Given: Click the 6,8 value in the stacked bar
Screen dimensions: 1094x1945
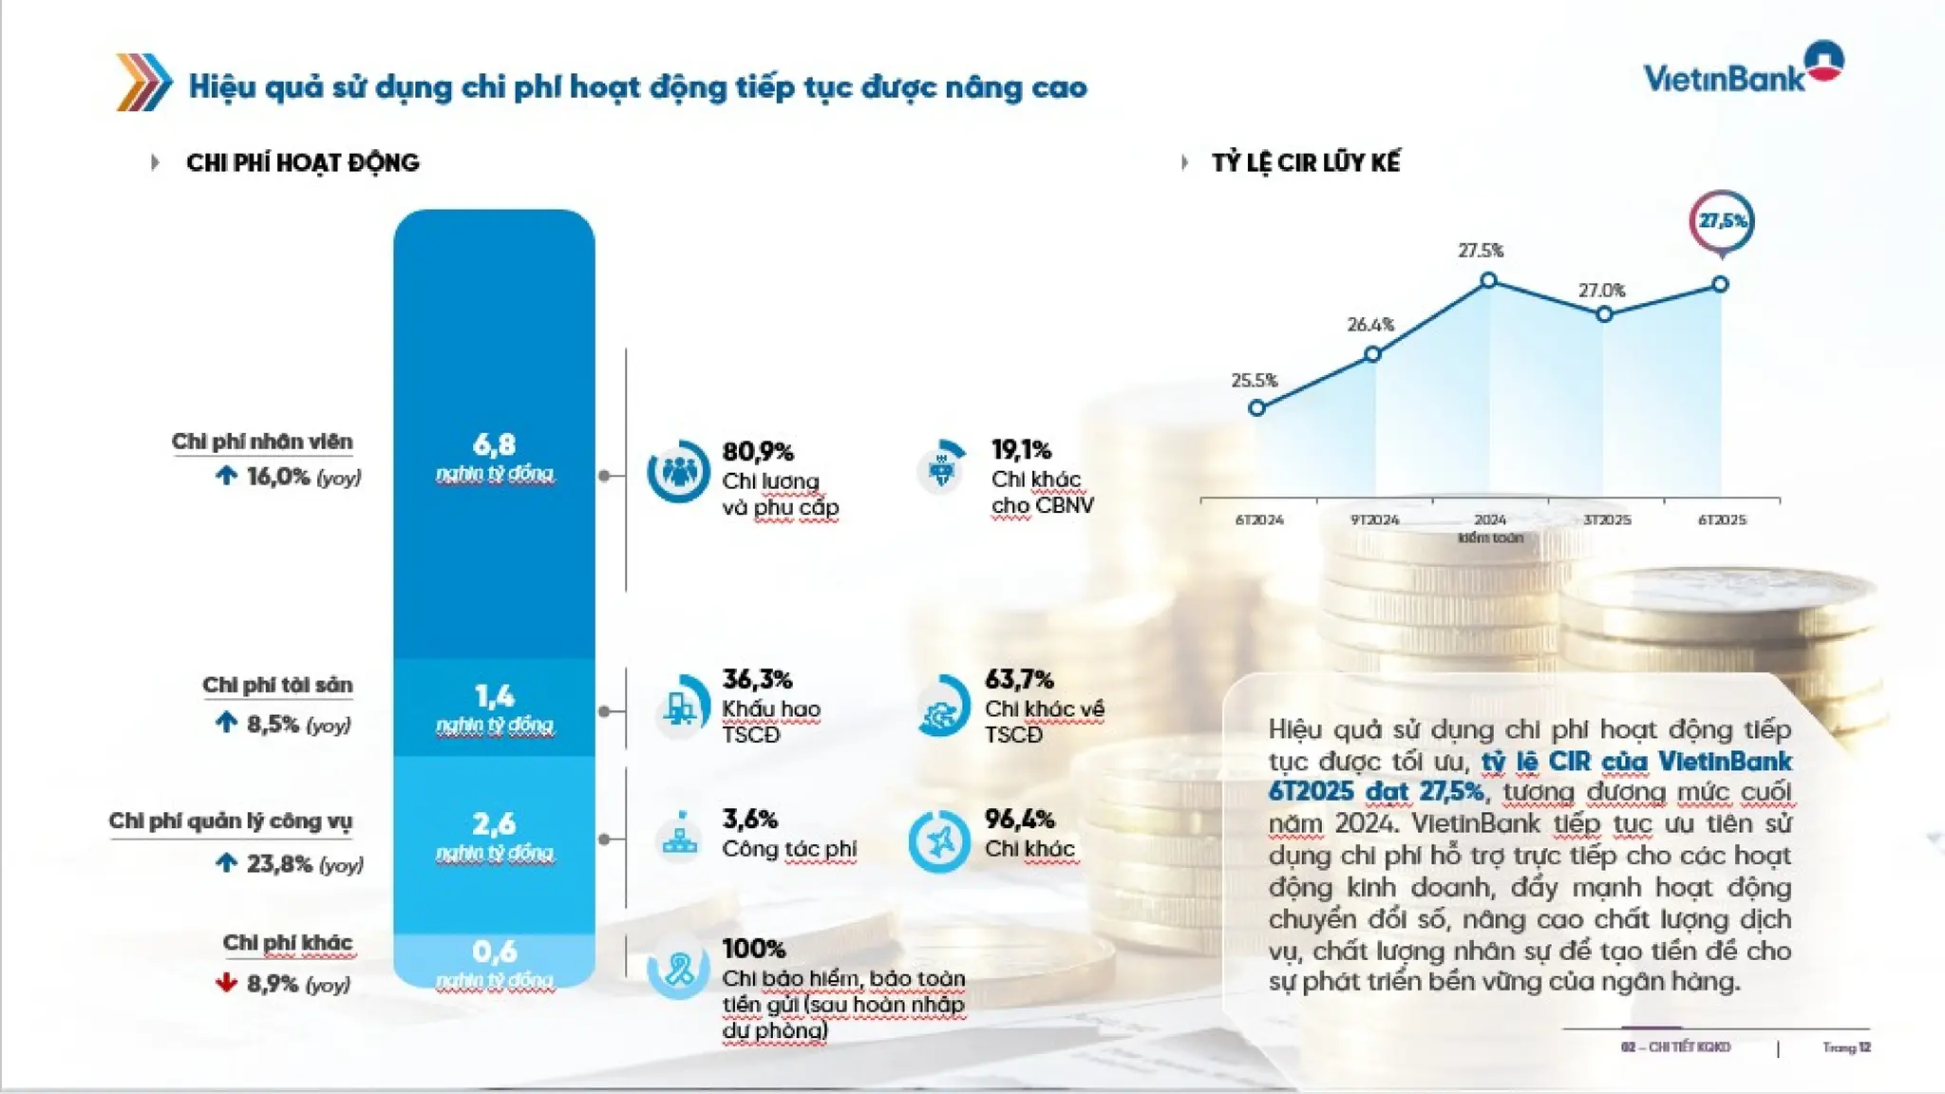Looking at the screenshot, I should (x=494, y=444).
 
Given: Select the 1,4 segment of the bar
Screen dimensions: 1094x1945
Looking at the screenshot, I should (x=494, y=707).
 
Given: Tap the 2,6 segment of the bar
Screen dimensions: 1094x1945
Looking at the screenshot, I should (x=494, y=836).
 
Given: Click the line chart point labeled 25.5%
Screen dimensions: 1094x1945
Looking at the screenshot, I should (x=1256, y=408).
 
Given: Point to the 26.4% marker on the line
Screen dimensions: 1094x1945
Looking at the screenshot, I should (x=1372, y=354).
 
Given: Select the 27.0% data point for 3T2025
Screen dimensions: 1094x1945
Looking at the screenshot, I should (x=1604, y=314).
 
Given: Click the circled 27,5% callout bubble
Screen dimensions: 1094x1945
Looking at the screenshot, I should (x=1722, y=222).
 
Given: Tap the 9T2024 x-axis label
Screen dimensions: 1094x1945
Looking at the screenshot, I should (x=1374, y=520).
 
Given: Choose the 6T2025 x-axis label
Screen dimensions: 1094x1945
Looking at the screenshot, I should (x=1721, y=520).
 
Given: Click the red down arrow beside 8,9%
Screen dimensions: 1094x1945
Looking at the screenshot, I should (x=226, y=982).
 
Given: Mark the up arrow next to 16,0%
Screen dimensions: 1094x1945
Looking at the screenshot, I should (x=226, y=475).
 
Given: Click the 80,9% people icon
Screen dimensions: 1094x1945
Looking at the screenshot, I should (x=678, y=471).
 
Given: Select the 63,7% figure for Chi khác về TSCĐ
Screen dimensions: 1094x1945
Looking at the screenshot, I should (x=1018, y=680).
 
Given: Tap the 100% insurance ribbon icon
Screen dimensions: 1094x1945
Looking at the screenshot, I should (x=678, y=969).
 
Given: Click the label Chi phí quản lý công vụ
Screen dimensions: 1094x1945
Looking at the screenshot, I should (x=230, y=821).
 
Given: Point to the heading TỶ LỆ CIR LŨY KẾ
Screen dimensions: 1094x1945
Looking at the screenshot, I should (x=1305, y=162).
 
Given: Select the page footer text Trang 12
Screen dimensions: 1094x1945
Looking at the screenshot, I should (x=1845, y=1047).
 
